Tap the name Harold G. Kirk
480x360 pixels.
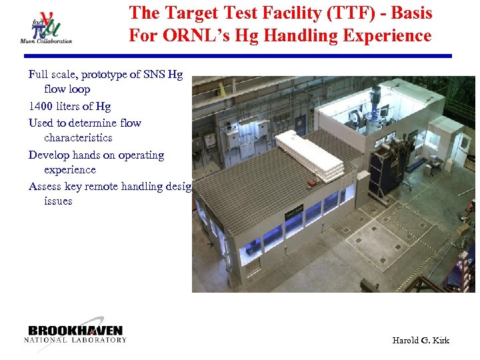coord(420,341)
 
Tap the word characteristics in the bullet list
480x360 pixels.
coord(78,138)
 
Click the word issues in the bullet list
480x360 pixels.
coord(58,201)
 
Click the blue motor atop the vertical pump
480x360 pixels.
coord(375,95)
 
